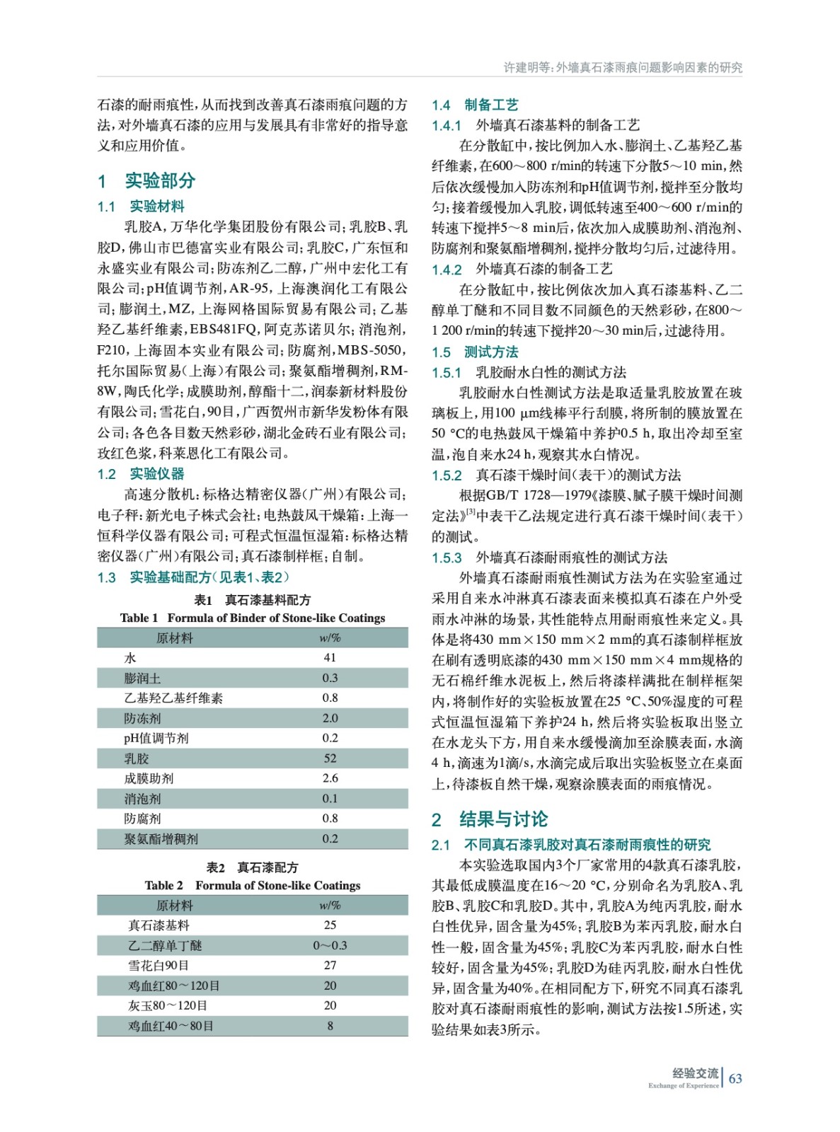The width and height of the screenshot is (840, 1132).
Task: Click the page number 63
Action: point(735,1078)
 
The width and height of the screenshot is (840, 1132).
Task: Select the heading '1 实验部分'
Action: point(146,180)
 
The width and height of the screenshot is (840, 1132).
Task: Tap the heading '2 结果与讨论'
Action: point(490,819)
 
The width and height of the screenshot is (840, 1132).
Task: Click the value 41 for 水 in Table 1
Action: point(330,657)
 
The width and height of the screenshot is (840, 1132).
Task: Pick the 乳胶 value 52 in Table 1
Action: point(330,758)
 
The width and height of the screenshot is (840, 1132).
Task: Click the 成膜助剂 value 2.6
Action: point(330,778)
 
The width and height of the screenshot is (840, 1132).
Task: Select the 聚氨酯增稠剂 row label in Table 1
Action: point(161,838)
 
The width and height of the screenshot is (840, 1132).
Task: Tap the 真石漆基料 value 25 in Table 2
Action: point(330,925)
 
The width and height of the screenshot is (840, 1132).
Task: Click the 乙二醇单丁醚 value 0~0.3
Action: point(330,945)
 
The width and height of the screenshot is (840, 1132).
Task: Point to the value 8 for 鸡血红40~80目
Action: point(330,1025)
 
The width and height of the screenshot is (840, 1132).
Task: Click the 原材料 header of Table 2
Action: point(174,905)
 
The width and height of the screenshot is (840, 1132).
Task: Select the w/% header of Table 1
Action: point(330,637)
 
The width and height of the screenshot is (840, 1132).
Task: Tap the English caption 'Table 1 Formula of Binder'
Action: point(253,618)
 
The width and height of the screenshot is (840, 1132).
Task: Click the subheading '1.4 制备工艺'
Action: point(475,105)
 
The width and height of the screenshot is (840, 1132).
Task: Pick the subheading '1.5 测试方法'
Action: point(475,352)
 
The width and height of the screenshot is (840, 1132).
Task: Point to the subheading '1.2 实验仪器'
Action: point(141,473)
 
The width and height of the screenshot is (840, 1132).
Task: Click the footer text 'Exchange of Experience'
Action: point(683,1085)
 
